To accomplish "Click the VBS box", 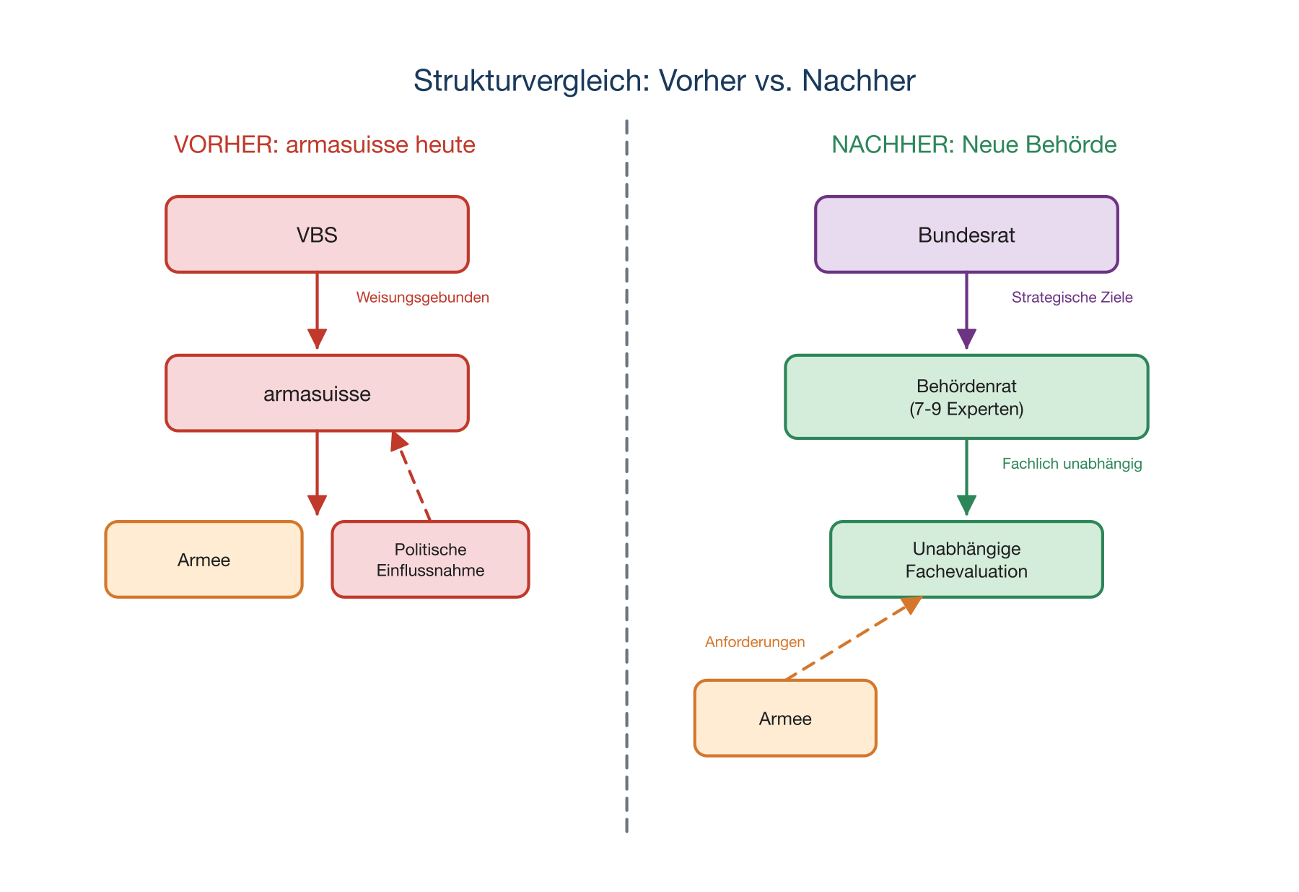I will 317,235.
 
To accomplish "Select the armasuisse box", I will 317,394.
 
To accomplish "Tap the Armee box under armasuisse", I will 204,560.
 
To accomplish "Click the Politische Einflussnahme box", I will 430,560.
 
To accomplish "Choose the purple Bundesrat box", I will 966,235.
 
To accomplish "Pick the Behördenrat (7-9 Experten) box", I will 966,397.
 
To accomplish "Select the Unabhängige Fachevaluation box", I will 966,560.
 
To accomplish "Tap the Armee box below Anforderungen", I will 785,719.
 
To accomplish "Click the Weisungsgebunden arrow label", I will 422,298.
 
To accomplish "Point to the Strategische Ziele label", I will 1072,298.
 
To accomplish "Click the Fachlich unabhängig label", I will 1072,464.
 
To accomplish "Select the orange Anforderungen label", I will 755,642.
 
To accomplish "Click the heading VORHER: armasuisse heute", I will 324,144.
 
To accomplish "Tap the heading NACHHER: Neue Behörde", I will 974,144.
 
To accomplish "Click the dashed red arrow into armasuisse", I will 412,477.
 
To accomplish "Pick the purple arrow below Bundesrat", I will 966,307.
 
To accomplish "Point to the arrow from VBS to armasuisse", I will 317,307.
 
